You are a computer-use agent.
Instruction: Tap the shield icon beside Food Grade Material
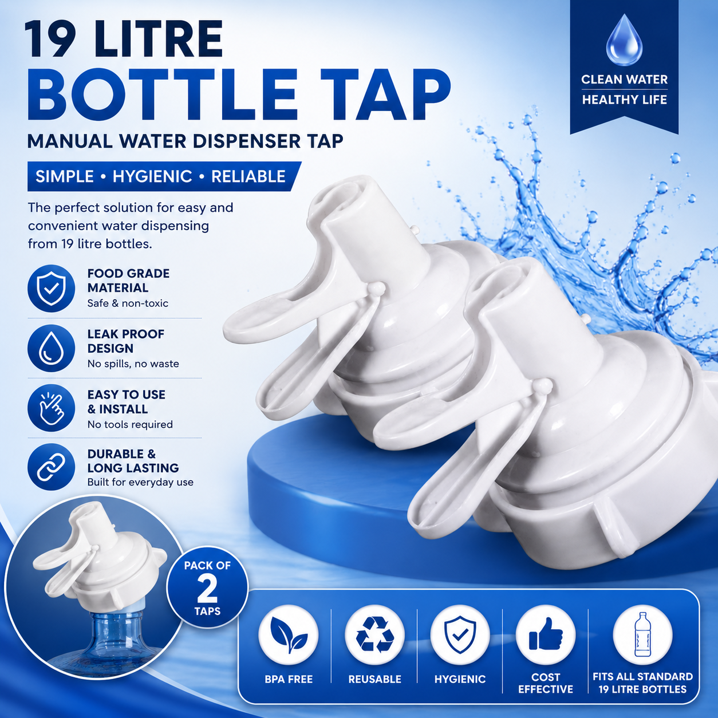(x=51, y=288)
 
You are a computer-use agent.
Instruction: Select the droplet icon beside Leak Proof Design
(x=51, y=348)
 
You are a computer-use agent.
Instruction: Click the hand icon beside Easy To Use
(x=51, y=408)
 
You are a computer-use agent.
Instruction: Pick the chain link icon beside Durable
(x=51, y=467)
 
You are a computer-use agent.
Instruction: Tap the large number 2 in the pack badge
(x=207, y=589)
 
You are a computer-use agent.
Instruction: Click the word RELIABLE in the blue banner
(x=248, y=176)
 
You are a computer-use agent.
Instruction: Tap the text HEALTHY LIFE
(x=625, y=100)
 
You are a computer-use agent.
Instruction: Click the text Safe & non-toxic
(x=128, y=303)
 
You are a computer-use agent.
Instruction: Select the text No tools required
(x=130, y=424)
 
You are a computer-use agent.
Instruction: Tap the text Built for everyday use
(x=140, y=482)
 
